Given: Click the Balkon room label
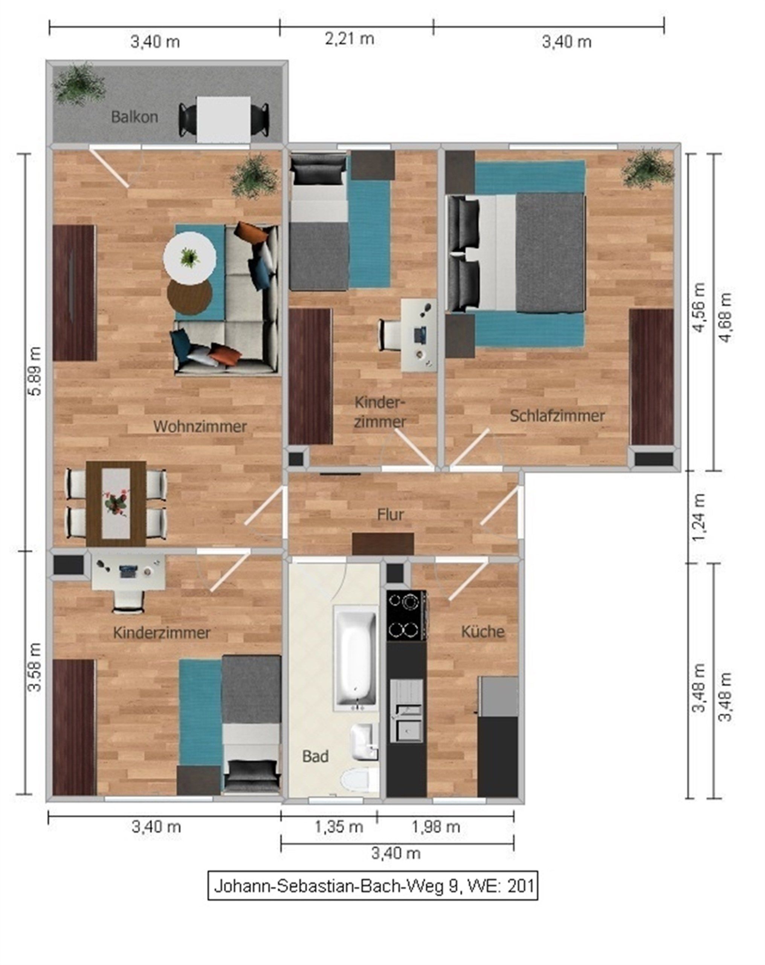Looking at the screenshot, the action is pos(134,117).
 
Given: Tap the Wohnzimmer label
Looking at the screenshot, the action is pos(200,426).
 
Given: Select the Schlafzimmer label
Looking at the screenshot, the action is pos(557,415).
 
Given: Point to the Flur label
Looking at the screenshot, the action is pos(390,514).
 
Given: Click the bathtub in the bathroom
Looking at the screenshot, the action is pos(356,657).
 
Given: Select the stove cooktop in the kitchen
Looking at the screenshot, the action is pos(406,616).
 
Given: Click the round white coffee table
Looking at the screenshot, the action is pos(190,257).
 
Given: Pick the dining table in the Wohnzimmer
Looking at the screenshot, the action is pos(116,504).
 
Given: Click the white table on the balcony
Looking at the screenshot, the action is pos(224,119).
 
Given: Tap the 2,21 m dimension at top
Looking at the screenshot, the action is pos(350,39).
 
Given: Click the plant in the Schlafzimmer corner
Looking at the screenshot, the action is pos(648,169).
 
